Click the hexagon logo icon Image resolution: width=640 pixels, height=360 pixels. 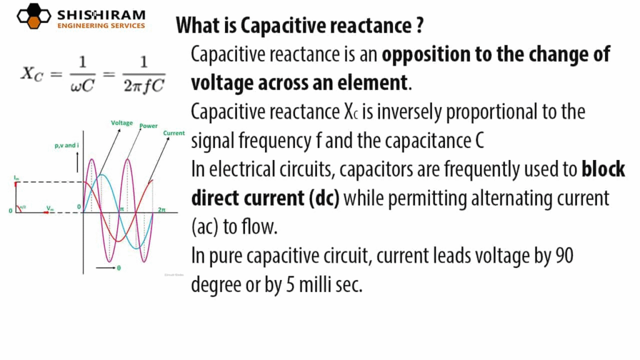point(33,17)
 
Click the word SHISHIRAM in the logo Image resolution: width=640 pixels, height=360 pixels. point(101,14)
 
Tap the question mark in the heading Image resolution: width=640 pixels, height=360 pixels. point(418,26)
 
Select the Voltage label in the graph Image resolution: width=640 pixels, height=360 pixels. point(122,123)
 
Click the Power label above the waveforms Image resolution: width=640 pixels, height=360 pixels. point(148,126)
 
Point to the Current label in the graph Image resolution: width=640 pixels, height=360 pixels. point(173,133)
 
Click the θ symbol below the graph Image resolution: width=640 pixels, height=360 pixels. point(119,267)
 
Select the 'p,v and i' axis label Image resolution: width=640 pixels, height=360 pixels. point(67,145)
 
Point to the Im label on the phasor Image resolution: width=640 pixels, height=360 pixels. point(17,178)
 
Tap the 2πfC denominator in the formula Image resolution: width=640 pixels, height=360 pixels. point(144,85)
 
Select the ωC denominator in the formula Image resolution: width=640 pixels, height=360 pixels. point(82,85)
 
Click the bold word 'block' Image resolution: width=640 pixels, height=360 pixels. point(603,169)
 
